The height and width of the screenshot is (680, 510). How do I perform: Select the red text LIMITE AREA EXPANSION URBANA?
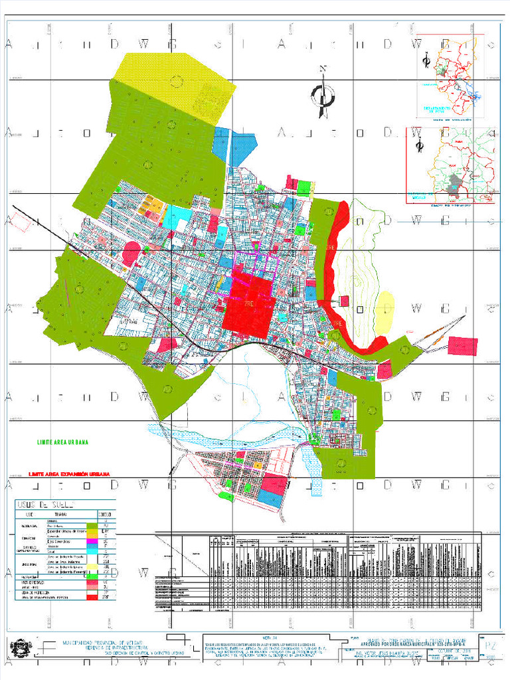(68, 474)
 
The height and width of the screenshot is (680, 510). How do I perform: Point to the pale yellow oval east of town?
(383, 312)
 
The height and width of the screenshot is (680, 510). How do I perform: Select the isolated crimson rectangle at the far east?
(463, 346)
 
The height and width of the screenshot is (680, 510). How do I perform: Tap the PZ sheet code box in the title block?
(491, 645)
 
